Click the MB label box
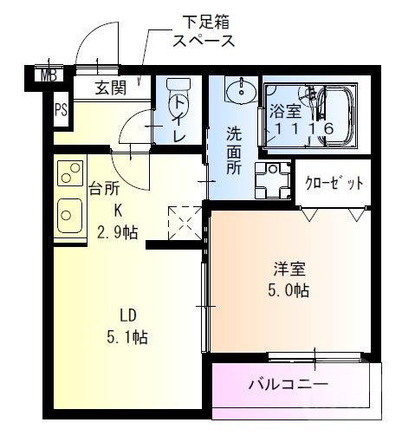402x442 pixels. pyautogui.click(x=49, y=75)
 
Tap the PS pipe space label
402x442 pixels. pyautogui.click(x=61, y=109)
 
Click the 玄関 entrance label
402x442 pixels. pyautogui.click(x=112, y=88)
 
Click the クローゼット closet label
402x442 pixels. pyautogui.click(x=334, y=183)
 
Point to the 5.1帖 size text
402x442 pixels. pyautogui.click(x=127, y=336)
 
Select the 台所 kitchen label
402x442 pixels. pyautogui.click(x=107, y=186)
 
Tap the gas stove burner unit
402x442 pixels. pyautogui.click(x=68, y=173)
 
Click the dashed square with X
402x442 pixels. pyautogui.click(x=184, y=222)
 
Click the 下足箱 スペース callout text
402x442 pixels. pyautogui.click(x=203, y=30)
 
